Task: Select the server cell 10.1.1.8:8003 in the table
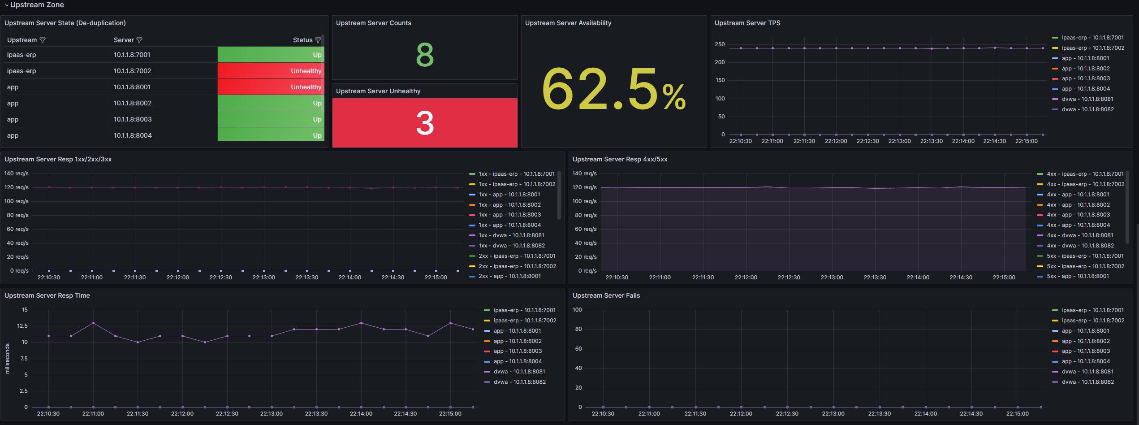(x=133, y=119)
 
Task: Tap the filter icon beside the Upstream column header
(x=43, y=40)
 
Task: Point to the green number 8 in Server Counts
(x=425, y=55)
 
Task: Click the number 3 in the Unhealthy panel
(x=425, y=123)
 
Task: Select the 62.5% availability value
(x=613, y=90)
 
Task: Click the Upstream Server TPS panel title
(x=747, y=23)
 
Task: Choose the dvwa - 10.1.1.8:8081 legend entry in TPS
(x=1087, y=99)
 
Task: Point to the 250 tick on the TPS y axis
(x=720, y=44)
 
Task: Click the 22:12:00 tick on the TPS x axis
(x=836, y=141)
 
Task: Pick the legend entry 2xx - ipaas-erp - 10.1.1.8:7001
(x=517, y=256)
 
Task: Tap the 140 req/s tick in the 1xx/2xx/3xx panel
(x=17, y=173)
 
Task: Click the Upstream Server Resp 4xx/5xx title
(x=620, y=159)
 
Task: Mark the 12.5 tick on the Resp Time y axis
(x=22, y=326)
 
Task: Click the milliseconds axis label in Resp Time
(x=7, y=359)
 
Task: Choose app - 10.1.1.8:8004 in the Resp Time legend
(x=518, y=361)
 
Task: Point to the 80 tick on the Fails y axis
(x=578, y=329)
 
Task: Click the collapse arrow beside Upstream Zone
(x=7, y=5)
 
